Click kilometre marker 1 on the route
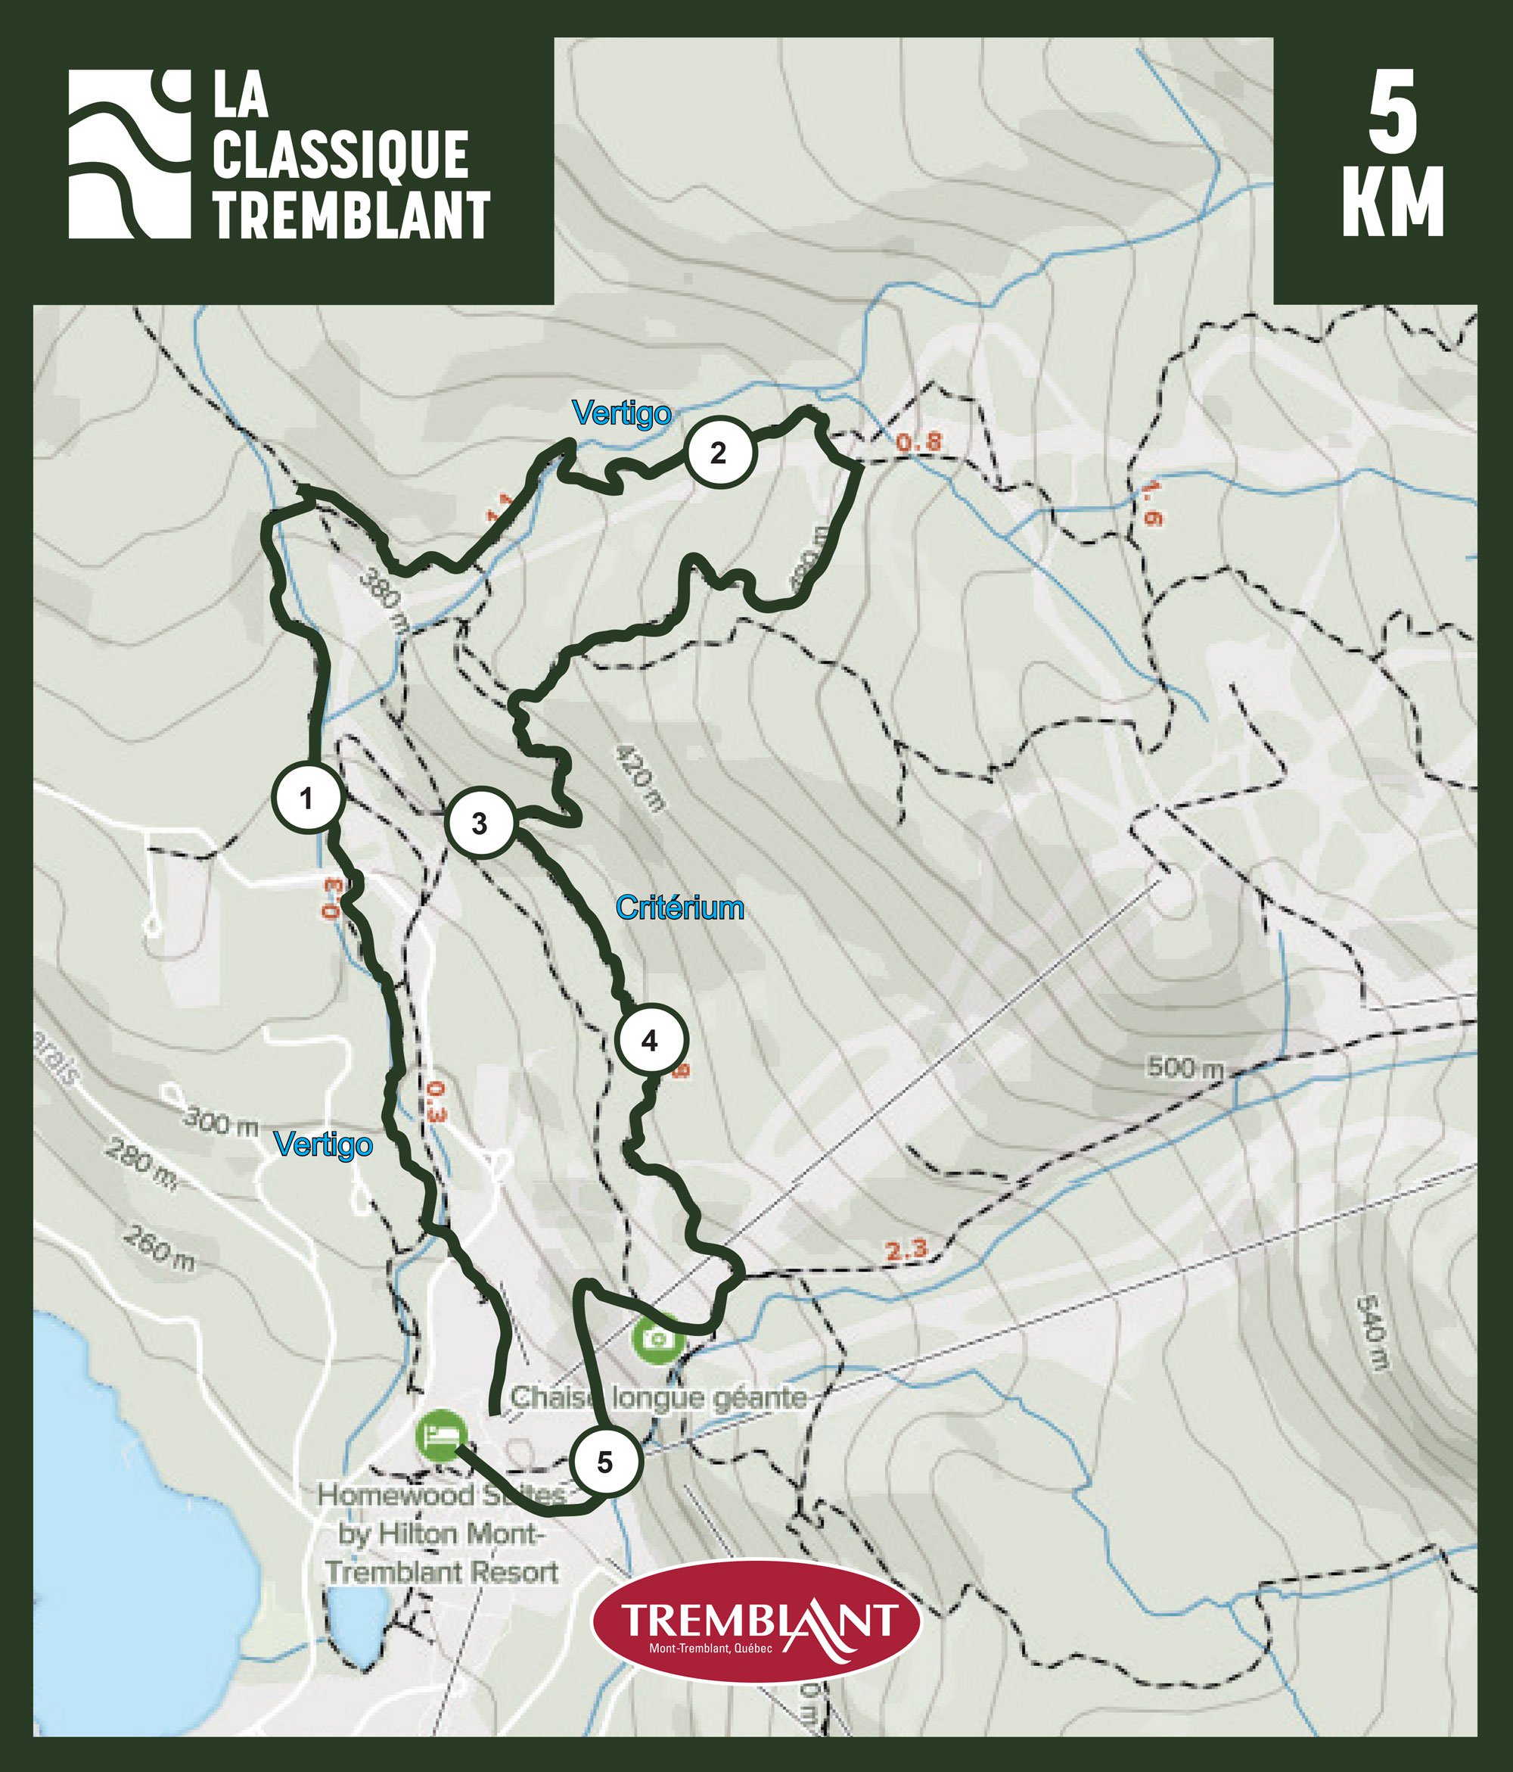click(x=308, y=798)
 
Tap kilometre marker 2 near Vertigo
click(x=719, y=453)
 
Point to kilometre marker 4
click(x=651, y=1041)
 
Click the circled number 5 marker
click(x=605, y=1462)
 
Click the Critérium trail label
click(x=679, y=908)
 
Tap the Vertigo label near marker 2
click(x=621, y=414)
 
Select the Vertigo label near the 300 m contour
click(x=323, y=1144)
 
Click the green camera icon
click(x=657, y=1337)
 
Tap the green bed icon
click(x=441, y=1434)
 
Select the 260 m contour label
click(x=159, y=1247)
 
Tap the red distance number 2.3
click(x=906, y=1249)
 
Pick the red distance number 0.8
click(x=918, y=442)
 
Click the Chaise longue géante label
click(x=658, y=1397)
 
